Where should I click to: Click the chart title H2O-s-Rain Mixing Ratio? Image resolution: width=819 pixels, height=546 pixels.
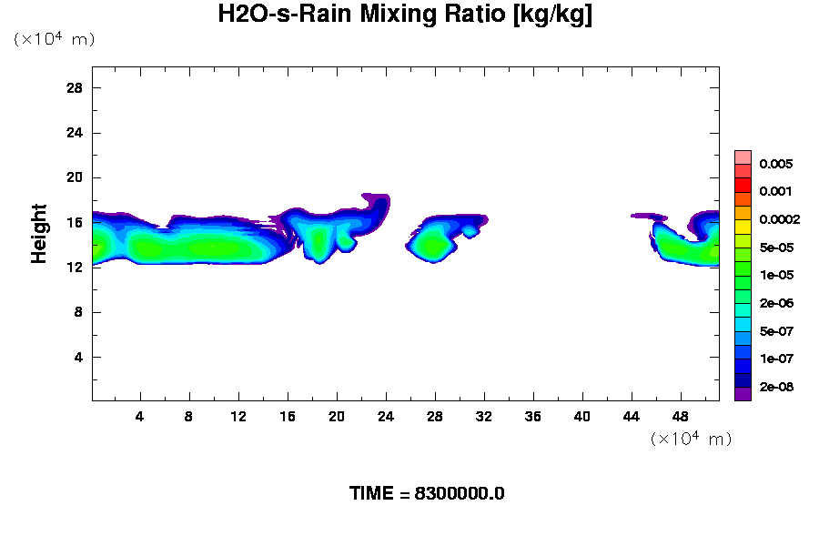(x=405, y=15)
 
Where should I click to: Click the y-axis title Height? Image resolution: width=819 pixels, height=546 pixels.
(x=39, y=234)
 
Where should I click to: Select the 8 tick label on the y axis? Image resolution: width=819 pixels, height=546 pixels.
(x=79, y=312)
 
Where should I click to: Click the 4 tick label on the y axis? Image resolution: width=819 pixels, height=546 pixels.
(x=79, y=357)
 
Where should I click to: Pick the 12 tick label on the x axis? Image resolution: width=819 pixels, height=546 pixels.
(x=238, y=416)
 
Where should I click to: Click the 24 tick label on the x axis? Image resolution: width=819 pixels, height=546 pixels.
(x=386, y=416)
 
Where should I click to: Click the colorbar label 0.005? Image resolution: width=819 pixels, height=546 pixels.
(x=775, y=164)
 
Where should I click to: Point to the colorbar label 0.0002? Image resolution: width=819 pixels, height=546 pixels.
(x=779, y=219)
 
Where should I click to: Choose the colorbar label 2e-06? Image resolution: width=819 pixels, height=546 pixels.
(x=775, y=303)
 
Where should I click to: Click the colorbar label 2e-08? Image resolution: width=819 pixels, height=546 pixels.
(x=775, y=387)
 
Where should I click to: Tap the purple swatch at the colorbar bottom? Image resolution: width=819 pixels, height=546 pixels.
(x=743, y=394)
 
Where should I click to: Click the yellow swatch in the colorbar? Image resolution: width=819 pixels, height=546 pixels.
(x=743, y=227)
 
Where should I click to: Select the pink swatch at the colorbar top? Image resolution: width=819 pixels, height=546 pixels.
(x=743, y=157)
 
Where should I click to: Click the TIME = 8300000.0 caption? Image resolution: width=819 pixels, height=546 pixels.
(x=427, y=494)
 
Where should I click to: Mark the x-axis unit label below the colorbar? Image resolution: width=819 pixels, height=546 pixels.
(x=691, y=439)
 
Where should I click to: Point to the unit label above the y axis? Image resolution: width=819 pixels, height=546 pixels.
(x=54, y=39)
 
